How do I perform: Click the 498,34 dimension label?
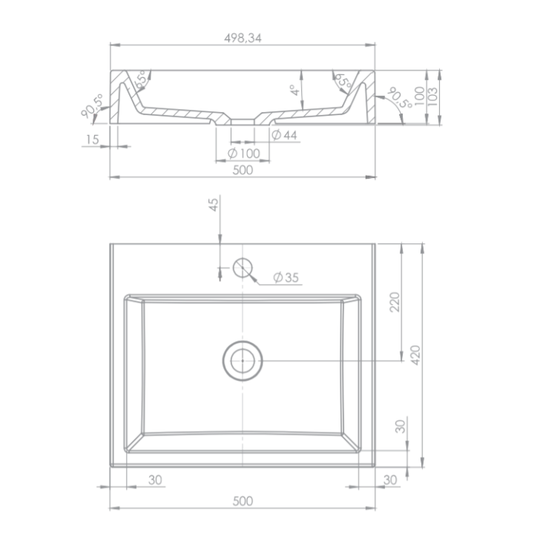point(243,38)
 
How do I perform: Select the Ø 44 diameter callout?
point(285,135)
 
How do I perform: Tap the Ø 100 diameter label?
point(244,154)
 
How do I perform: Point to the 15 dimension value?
point(92,139)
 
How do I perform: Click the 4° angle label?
point(295,90)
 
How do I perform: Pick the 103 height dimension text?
point(432,96)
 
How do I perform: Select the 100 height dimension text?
point(420,96)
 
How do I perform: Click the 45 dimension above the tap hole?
point(214,205)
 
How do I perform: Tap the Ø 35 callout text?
point(286,277)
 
